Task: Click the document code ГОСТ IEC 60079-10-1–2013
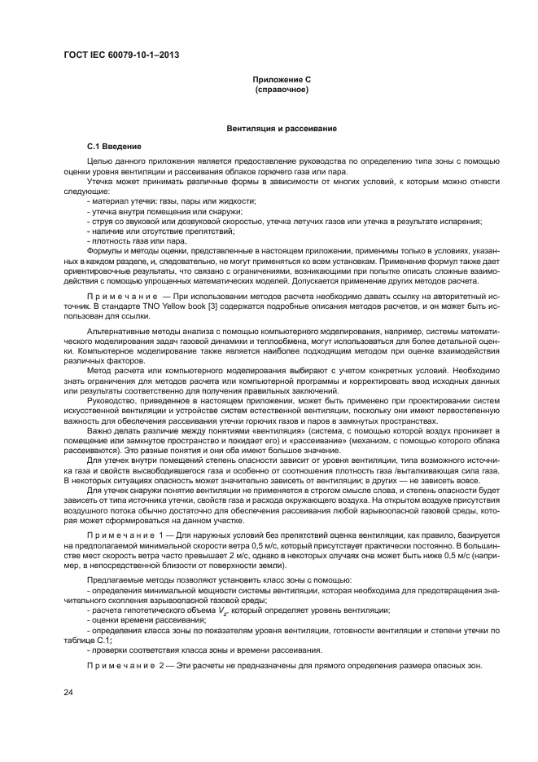[121, 55]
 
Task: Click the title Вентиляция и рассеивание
[281, 130]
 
